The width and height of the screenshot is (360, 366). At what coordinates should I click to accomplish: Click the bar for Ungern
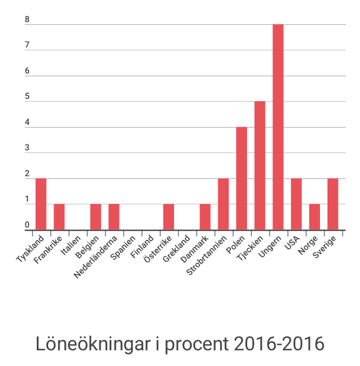tap(278, 127)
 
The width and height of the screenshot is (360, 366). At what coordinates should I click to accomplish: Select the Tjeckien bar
tap(259, 165)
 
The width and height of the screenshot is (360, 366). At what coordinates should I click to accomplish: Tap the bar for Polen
tap(242, 178)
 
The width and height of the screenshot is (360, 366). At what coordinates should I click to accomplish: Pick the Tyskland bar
tap(41, 204)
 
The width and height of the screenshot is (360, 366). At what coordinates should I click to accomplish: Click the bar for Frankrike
tap(59, 217)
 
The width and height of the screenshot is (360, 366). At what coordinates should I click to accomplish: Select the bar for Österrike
tap(169, 217)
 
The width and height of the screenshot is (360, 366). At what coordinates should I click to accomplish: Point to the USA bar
tap(296, 204)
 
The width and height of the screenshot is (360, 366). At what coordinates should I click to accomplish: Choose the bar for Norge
tap(315, 217)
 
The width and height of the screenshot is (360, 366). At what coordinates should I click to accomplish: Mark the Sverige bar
tap(333, 204)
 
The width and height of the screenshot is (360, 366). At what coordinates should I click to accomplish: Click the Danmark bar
tap(205, 217)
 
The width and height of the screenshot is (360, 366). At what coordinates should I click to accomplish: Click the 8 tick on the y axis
tap(27, 21)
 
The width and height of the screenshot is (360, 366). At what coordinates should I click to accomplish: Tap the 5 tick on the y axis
tap(27, 97)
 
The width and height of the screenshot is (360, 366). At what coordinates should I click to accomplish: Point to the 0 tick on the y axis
tap(27, 225)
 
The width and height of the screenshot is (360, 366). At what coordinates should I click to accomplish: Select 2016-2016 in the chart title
tap(279, 344)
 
